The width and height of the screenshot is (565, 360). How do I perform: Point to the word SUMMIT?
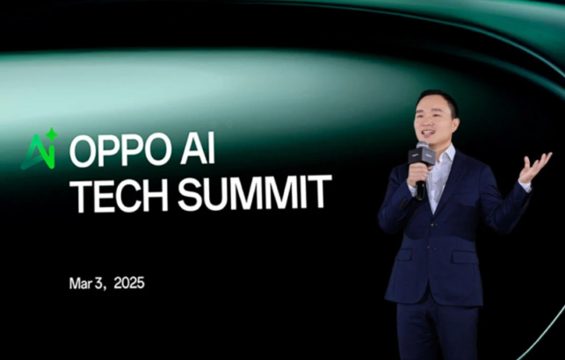255,194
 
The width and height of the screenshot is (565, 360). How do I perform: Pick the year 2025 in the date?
127,284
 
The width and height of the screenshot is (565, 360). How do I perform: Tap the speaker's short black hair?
437,99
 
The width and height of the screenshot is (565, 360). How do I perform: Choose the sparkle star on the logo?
52,135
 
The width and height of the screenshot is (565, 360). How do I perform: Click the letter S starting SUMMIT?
189,194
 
